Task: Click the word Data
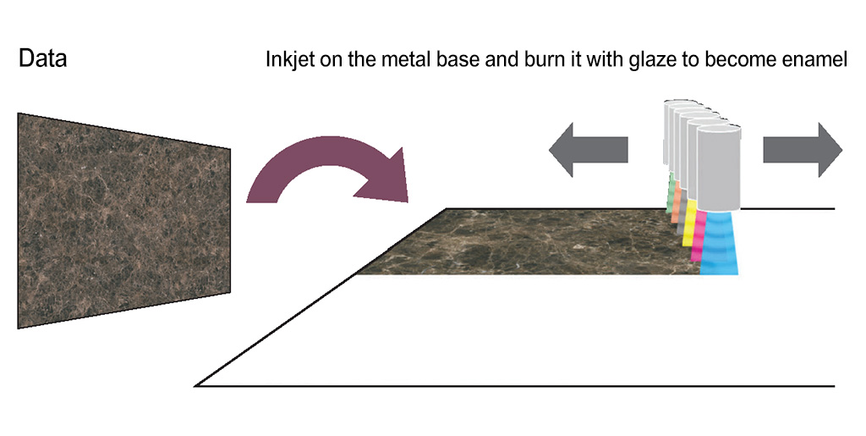coord(42,58)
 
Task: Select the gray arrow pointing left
coord(589,150)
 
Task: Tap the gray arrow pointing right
coord(803,150)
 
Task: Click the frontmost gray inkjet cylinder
coord(718,168)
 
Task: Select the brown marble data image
coord(124,221)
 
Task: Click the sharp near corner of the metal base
coord(196,386)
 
